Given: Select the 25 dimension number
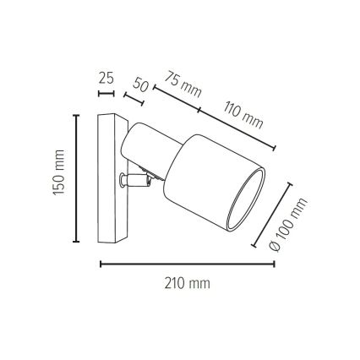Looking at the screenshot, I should coord(106,78).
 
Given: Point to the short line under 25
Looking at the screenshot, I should coord(106,93).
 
